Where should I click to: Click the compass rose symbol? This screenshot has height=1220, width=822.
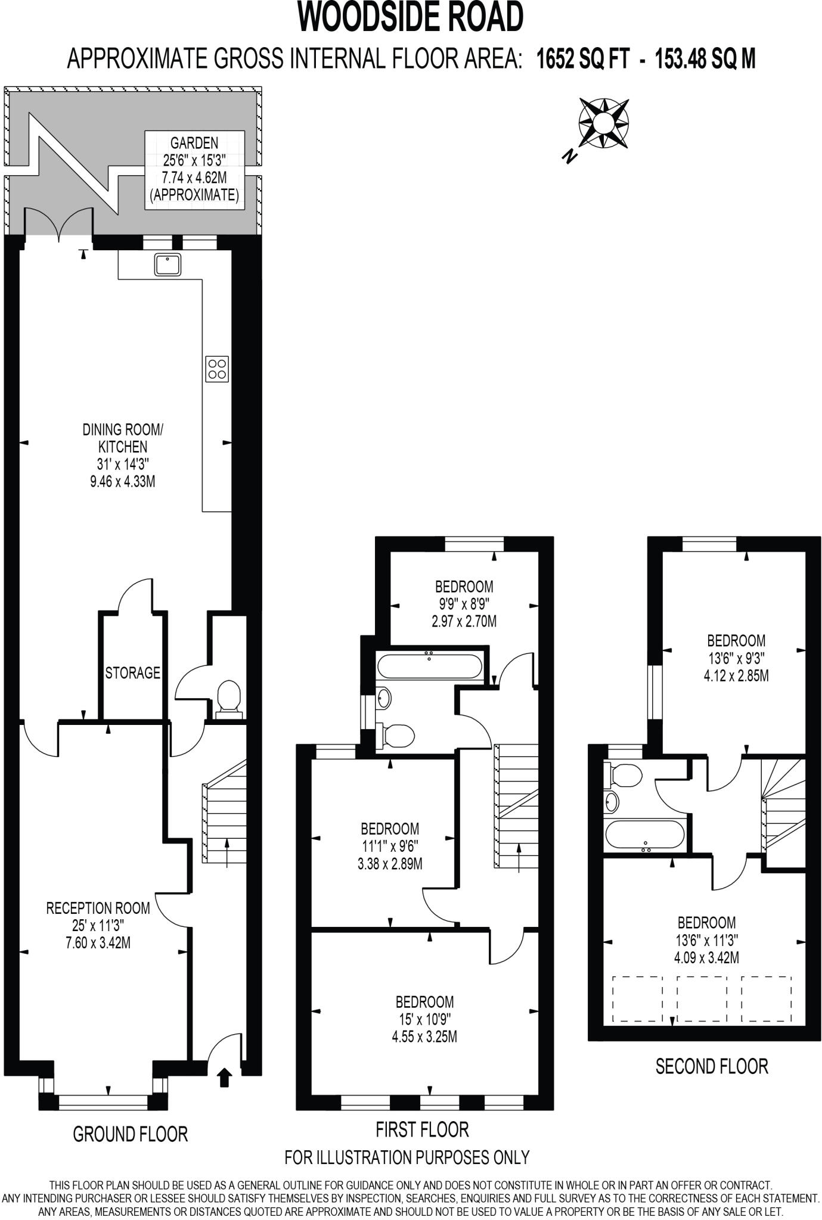[x=603, y=123]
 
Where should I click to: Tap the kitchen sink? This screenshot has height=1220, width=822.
[x=167, y=264]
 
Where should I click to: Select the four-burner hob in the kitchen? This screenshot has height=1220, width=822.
[x=217, y=369]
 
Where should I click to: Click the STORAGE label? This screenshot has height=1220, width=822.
[x=133, y=673]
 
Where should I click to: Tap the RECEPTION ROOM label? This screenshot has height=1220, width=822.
[x=98, y=908]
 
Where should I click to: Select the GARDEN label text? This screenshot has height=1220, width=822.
[x=194, y=143]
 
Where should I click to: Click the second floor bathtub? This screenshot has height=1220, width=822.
[x=645, y=834]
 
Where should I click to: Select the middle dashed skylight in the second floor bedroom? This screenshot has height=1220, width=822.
[x=702, y=999]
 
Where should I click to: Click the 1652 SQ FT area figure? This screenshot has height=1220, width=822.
[x=583, y=60]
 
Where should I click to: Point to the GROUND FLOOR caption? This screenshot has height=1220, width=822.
[x=130, y=1134]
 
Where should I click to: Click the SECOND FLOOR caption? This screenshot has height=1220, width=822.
[x=712, y=1066]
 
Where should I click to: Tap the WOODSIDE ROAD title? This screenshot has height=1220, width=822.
[x=411, y=17]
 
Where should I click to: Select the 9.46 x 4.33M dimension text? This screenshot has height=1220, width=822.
[x=123, y=481]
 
